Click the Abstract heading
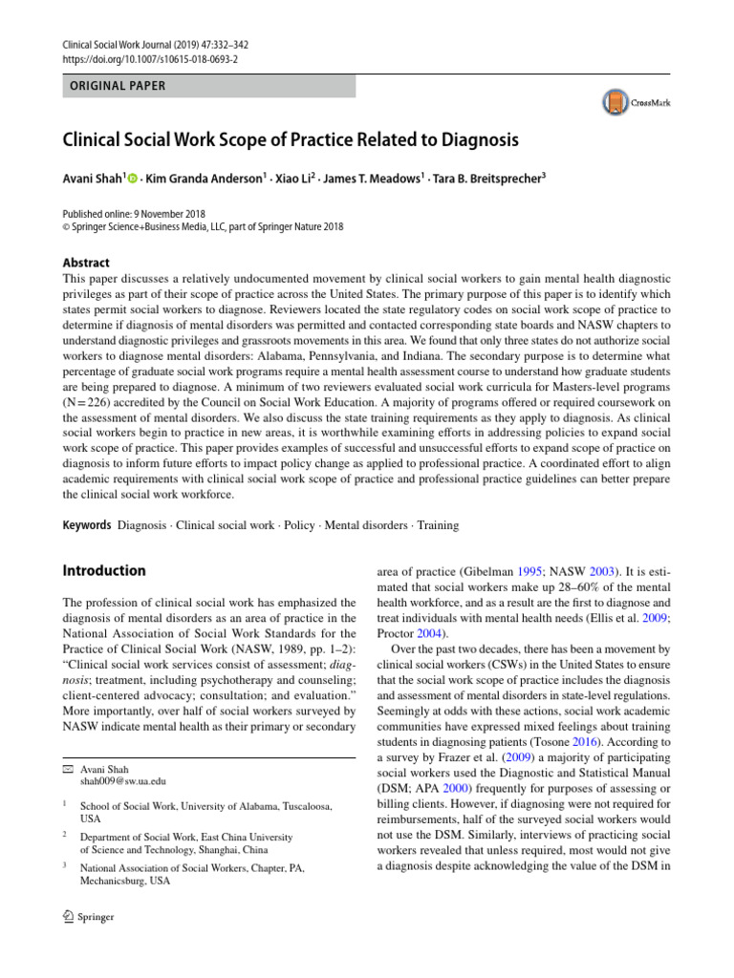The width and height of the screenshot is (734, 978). [x=85, y=263]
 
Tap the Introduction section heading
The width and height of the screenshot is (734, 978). [x=104, y=570]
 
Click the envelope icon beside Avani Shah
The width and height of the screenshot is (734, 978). [x=67, y=769]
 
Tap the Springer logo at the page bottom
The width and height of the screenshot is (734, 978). [x=88, y=917]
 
